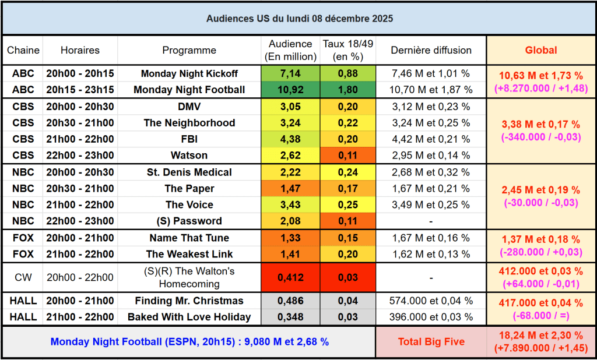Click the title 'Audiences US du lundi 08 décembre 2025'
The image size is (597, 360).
click(x=299, y=19)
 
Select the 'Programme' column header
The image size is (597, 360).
click(x=189, y=50)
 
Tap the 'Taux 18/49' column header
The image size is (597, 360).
click(x=348, y=50)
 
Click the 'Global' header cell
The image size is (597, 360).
click(x=540, y=50)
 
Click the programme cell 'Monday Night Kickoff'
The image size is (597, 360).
click(x=189, y=73)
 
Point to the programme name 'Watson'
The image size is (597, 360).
click(x=189, y=156)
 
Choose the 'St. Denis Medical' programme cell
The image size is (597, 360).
click(x=189, y=172)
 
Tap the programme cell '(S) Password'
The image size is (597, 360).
click(x=189, y=221)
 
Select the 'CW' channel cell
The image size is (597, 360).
click(x=23, y=277)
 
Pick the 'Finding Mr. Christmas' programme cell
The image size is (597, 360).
click(x=189, y=301)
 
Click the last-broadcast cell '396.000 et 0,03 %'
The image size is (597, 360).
click(x=431, y=317)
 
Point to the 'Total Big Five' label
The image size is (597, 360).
click(x=431, y=342)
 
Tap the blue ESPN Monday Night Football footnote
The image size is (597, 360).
click(x=189, y=342)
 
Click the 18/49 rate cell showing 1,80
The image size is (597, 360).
click(x=348, y=90)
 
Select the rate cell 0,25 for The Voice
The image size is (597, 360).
click(x=348, y=205)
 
